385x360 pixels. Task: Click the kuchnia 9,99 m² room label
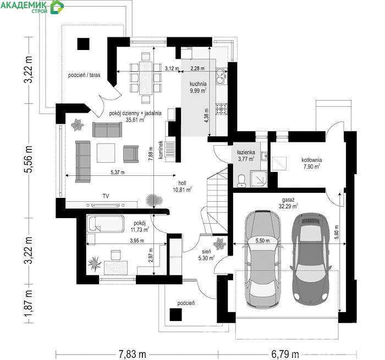[198, 87]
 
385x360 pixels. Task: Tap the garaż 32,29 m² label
[288, 203]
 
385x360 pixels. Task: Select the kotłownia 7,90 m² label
[312, 163]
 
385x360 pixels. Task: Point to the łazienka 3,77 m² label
[246, 156]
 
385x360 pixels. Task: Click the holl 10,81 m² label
[182, 186]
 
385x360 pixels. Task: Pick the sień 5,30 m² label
[206, 254]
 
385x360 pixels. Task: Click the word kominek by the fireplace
[161, 149]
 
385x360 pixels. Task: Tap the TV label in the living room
[106, 196]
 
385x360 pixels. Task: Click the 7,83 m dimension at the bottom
[133, 354]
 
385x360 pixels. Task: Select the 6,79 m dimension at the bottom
[285, 354]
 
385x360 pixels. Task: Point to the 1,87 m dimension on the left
[29, 303]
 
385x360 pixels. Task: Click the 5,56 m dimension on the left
[29, 159]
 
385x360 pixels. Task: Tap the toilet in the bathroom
[241, 181]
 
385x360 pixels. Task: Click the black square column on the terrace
[84, 44]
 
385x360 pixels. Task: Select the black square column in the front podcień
[176, 314]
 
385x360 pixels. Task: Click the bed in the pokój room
[106, 224]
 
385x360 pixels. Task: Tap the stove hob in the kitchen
[222, 109]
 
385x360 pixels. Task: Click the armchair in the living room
[131, 154]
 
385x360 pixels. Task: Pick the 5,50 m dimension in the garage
[262, 241]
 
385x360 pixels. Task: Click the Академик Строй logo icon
[57, 7]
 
